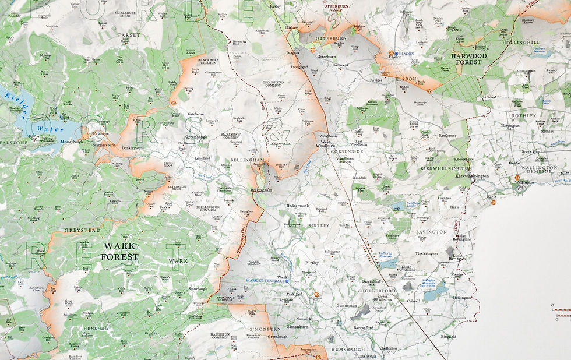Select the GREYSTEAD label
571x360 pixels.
(x=78, y=230)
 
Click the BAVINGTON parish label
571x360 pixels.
(x=432, y=232)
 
